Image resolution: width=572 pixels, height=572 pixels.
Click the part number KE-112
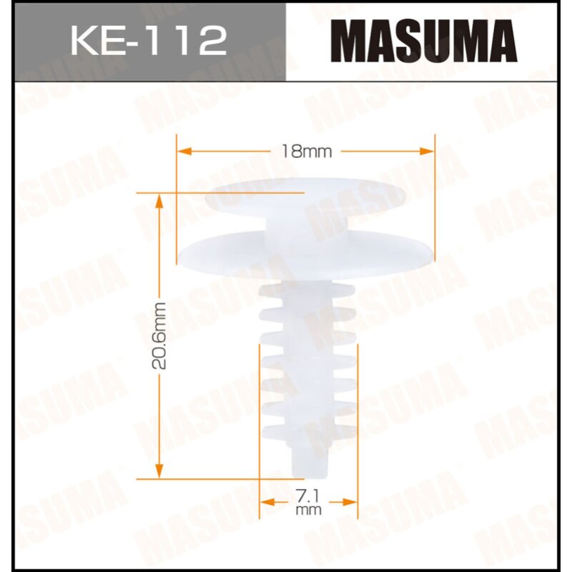coord(147,41)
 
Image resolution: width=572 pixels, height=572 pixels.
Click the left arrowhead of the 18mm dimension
coord(181,152)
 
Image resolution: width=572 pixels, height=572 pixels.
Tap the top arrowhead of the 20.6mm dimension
coord(159,198)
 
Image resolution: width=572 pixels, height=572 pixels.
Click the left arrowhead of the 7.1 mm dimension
coord(262,503)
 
